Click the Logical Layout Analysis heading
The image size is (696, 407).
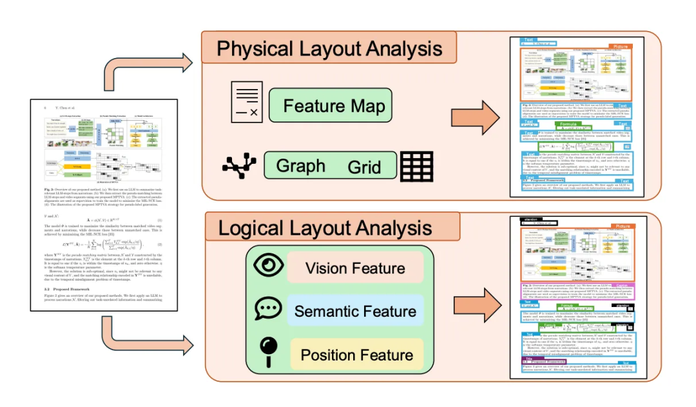(x=325, y=228)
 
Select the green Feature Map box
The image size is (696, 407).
(x=329, y=106)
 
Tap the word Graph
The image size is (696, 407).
(x=300, y=165)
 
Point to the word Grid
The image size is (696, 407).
(x=364, y=168)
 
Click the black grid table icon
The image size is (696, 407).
(x=416, y=166)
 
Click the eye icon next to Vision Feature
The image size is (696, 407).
(x=266, y=268)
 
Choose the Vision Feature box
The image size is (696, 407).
(x=355, y=268)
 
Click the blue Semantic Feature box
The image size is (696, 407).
(x=355, y=312)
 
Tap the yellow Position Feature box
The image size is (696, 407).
(x=355, y=354)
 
